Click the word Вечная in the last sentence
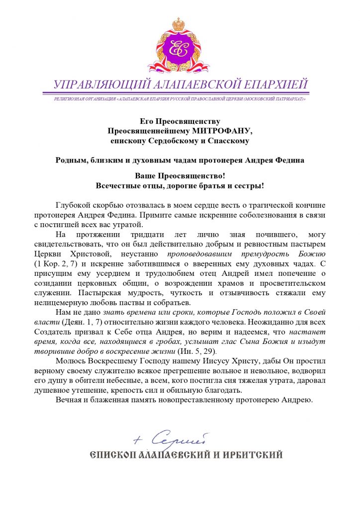(71, 399)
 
